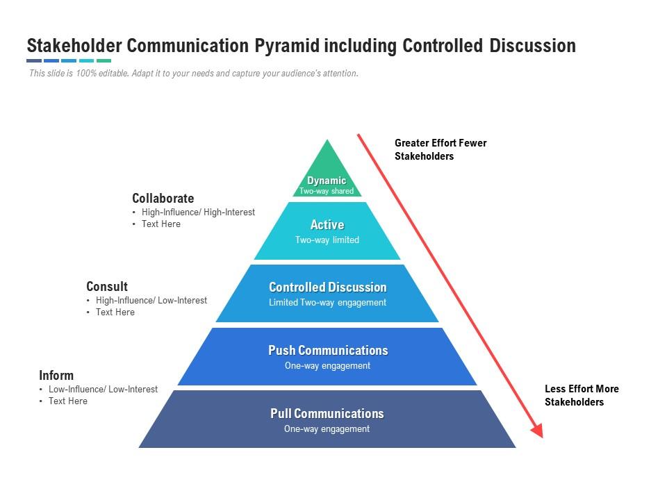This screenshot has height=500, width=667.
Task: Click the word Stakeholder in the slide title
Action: (x=76, y=46)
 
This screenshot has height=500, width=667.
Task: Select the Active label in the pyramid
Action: (x=327, y=225)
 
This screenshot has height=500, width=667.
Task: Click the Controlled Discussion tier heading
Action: (x=327, y=287)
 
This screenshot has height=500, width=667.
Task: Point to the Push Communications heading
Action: (x=328, y=351)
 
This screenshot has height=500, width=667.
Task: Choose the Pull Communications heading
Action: (x=327, y=414)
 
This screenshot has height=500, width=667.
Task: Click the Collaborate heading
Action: (x=163, y=199)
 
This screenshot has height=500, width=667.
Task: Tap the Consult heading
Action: (x=107, y=287)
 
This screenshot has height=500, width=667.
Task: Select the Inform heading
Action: (x=56, y=376)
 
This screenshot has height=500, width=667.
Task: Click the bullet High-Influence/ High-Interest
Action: (x=198, y=212)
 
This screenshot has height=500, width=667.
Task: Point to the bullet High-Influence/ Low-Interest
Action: (x=151, y=301)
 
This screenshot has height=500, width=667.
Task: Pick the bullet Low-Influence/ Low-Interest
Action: (x=103, y=390)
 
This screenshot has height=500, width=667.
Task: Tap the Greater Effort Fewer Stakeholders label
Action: (x=440, y=149)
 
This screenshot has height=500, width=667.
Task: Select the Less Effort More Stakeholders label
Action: (x=582, y=395)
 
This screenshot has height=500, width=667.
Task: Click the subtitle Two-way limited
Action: (x=327, y=240)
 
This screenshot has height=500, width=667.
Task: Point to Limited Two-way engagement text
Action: (x=327, y=303)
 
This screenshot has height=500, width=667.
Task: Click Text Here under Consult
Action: (x=115, y=312)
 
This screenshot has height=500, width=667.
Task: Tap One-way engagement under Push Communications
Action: (x=327, y=366)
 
